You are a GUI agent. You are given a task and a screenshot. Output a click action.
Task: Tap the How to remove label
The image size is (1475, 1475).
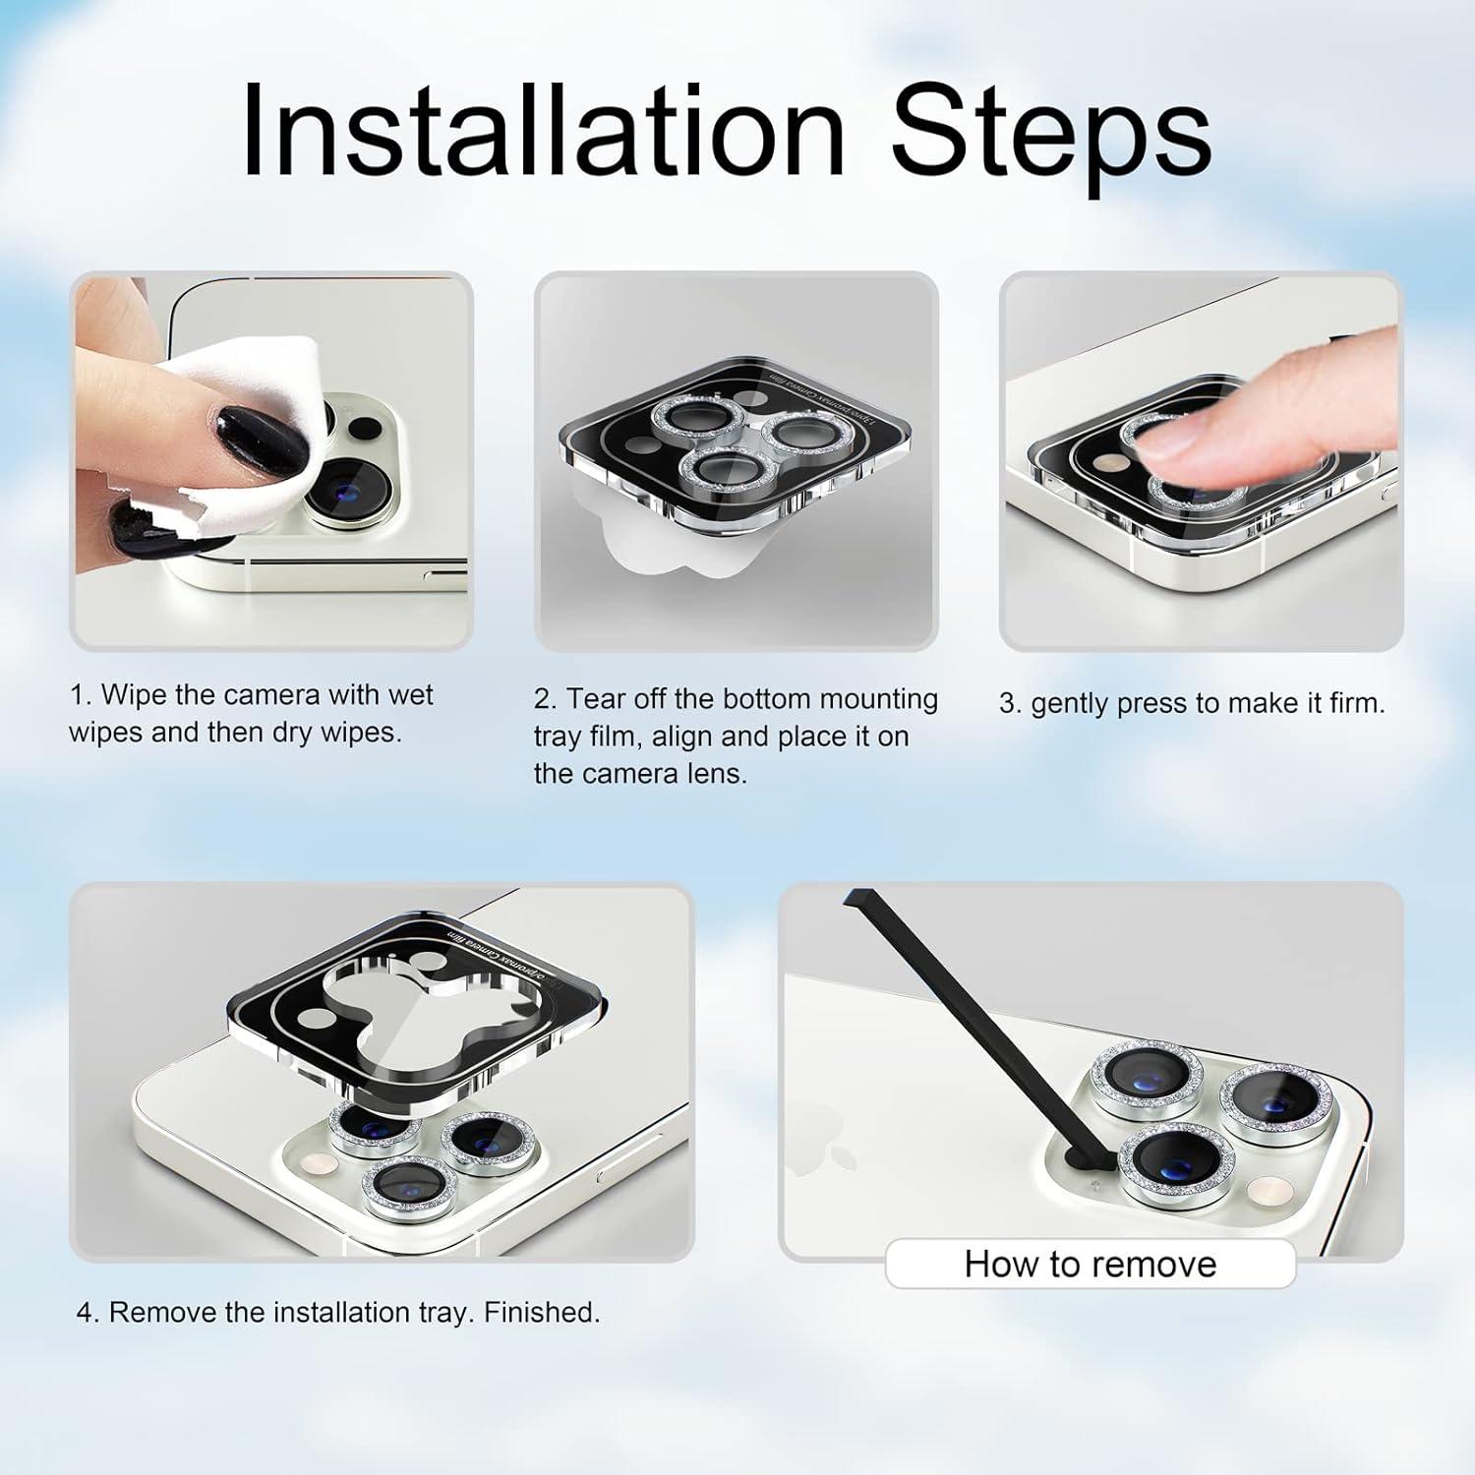click(x=1090, y=1264)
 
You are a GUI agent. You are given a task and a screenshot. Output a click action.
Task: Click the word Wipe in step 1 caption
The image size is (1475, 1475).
click(x=134, y=695)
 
